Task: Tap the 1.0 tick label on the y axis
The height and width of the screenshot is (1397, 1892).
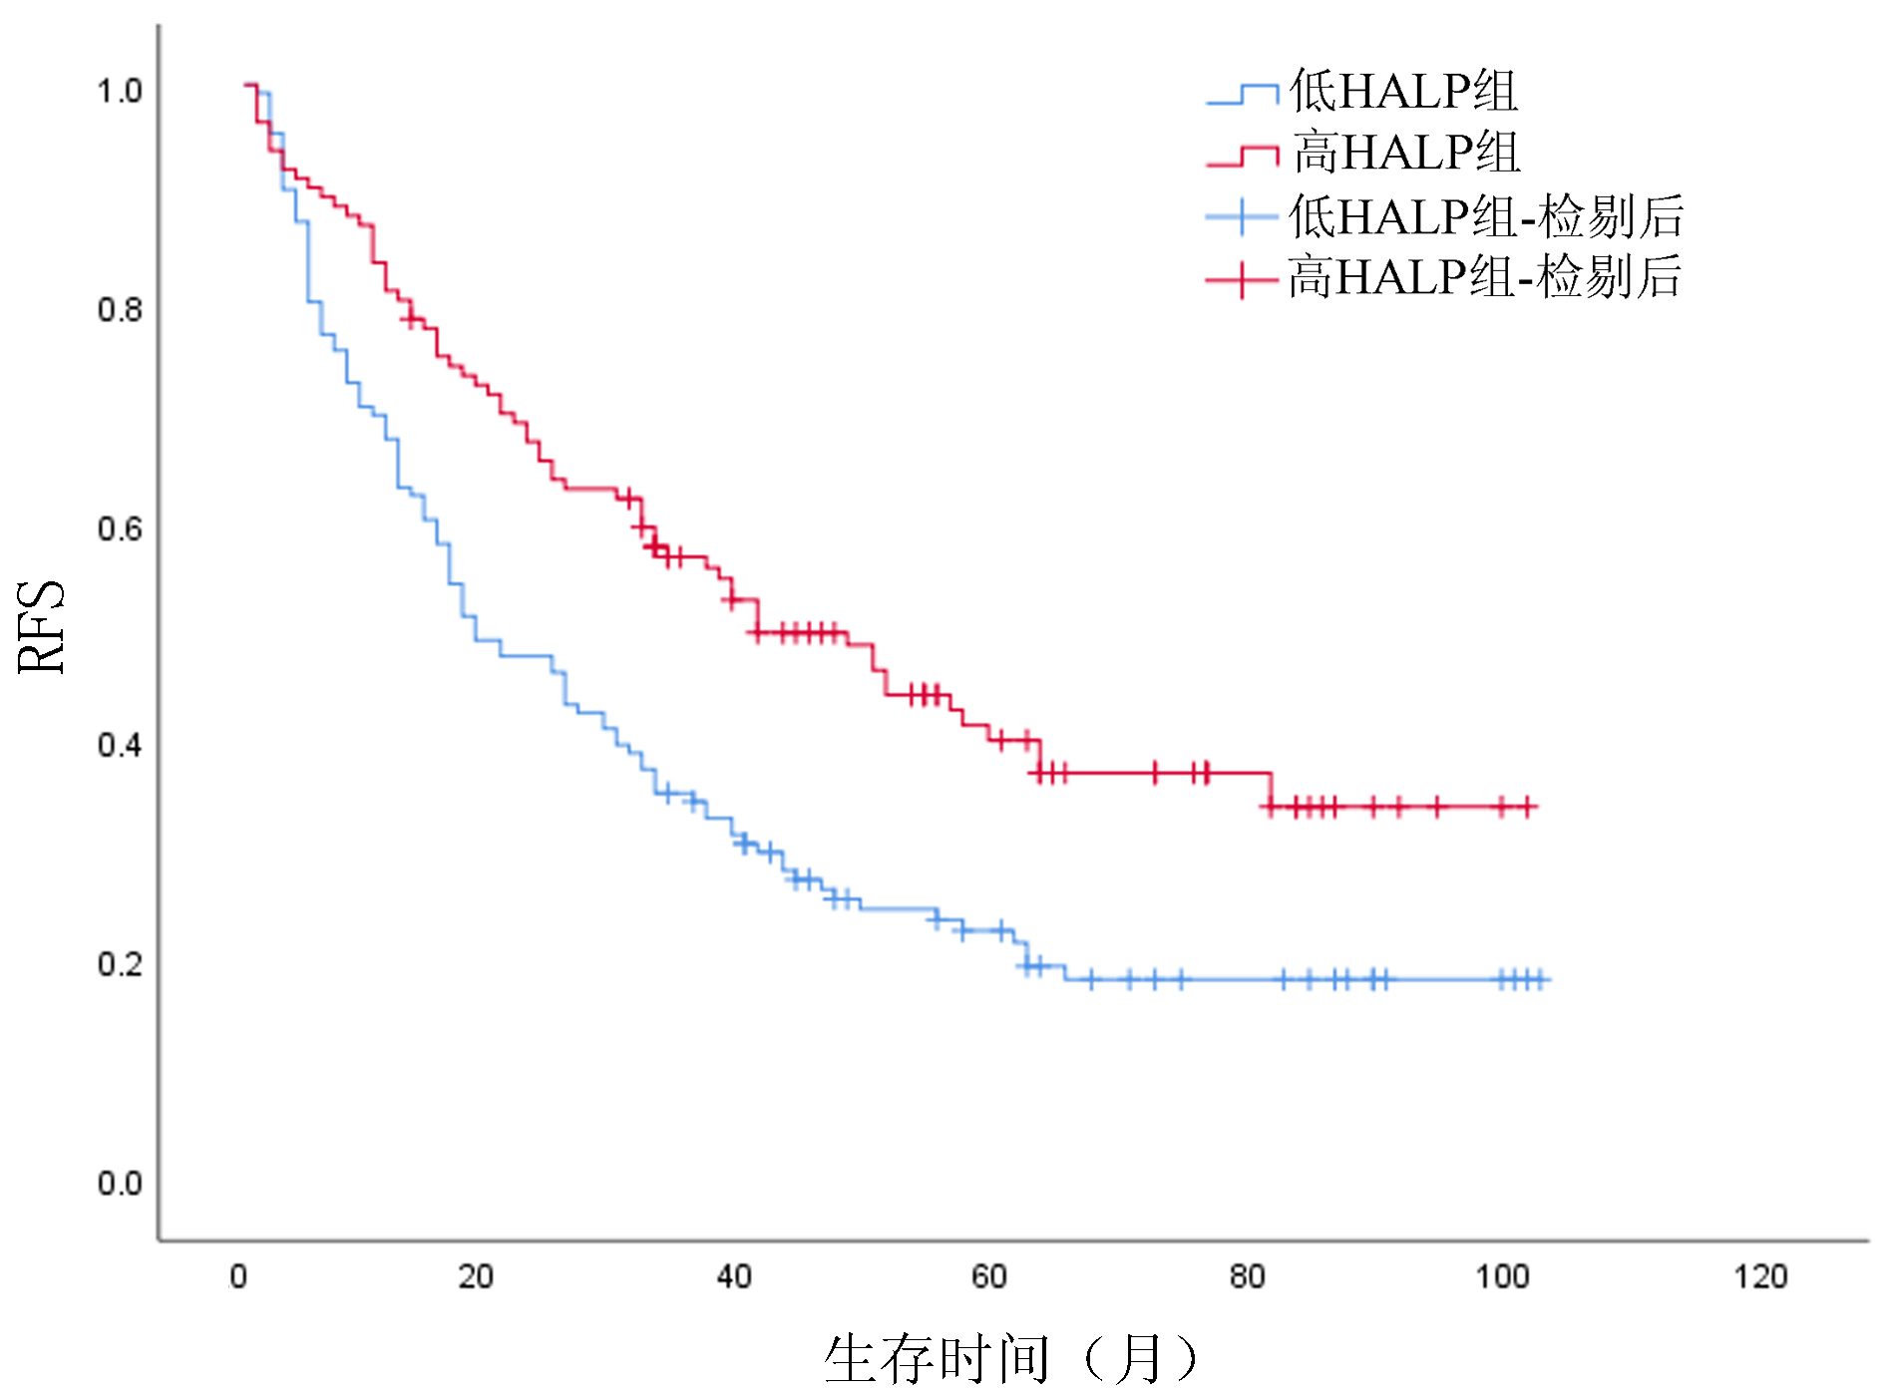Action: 120,92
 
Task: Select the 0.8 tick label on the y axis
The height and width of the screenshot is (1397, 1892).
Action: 120,310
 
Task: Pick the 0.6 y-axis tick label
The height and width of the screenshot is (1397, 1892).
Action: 120,528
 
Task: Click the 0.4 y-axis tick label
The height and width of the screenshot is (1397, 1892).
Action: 120,746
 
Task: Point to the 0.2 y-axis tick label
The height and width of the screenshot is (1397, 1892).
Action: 120,964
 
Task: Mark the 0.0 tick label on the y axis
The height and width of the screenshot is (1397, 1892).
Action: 120,1184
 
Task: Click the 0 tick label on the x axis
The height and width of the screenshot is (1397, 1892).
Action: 238,1276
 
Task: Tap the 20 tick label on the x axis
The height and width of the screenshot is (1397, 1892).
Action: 476,1276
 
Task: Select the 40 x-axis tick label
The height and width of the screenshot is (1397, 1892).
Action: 734,1276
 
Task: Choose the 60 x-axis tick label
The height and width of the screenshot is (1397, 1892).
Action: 989,1276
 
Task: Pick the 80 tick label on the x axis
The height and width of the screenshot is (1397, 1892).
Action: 1247,1276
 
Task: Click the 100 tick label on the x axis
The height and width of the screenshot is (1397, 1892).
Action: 1502,1276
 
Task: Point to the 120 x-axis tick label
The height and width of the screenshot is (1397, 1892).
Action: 1760,1276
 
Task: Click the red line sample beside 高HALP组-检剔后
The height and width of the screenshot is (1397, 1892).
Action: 1242,280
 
